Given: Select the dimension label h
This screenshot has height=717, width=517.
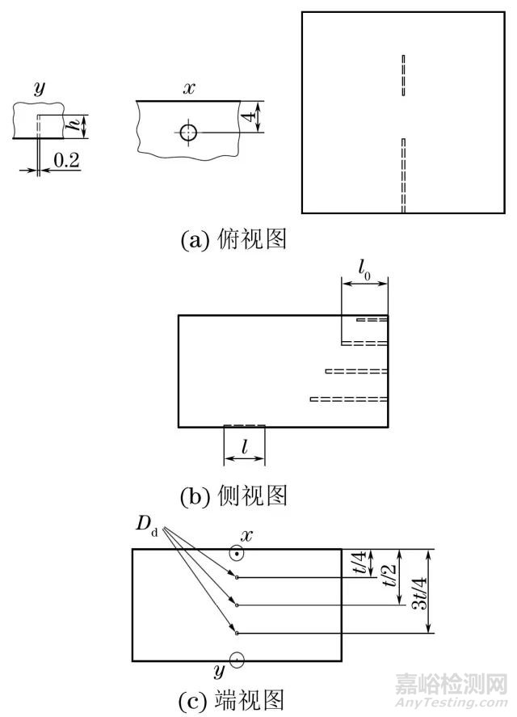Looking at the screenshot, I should tap(74, 125).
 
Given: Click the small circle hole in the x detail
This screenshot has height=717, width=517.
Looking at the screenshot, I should tap(188, 132).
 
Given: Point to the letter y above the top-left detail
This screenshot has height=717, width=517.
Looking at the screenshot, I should tap(39, 91).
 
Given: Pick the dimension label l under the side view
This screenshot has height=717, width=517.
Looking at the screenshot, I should tap(244, 445).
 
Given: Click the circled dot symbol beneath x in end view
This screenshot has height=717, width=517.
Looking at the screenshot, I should tap(237, 554).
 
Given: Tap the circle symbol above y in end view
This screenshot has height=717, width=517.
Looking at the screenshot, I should tap(237, 660).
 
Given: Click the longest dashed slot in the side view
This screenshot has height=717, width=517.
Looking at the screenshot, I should tap(349, 399).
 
